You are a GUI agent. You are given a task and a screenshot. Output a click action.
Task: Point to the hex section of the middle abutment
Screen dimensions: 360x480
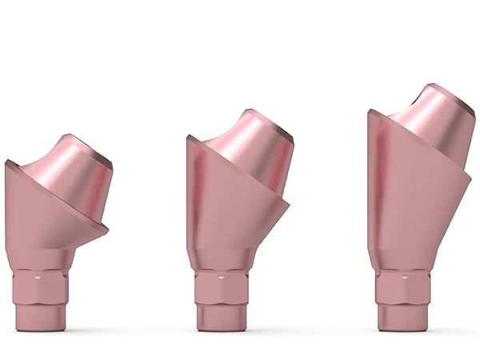221,286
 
